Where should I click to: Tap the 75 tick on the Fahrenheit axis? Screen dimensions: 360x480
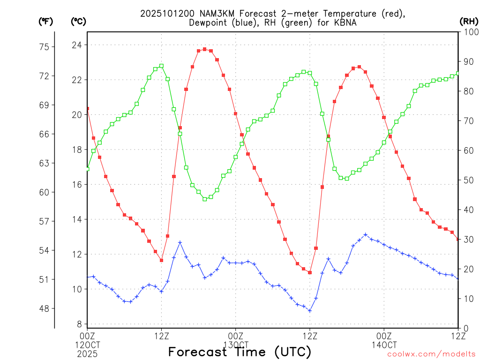[44, 47]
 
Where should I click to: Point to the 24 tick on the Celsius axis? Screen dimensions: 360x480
[77, 45]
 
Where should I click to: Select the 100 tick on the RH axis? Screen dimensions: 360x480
[469, 32]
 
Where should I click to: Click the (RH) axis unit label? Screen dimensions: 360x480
[469, 21]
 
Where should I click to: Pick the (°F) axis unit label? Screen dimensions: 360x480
[45, 21]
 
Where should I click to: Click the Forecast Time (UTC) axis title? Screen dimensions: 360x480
[240, 352]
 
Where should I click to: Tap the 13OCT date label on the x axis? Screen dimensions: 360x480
[236, 345]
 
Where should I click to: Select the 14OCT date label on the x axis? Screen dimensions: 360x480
[384, 345]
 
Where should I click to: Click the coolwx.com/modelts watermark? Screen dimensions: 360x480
[431, 354]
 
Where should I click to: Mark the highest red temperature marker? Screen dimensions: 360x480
[204, 49]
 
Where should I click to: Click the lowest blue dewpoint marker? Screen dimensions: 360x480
[309, 310]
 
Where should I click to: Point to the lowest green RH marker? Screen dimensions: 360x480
[204, 199]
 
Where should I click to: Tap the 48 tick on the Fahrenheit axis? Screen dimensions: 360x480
[44, 308]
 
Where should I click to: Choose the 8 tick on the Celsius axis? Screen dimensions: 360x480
[79, 324]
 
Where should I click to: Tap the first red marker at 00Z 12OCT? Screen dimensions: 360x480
[87, 109]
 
